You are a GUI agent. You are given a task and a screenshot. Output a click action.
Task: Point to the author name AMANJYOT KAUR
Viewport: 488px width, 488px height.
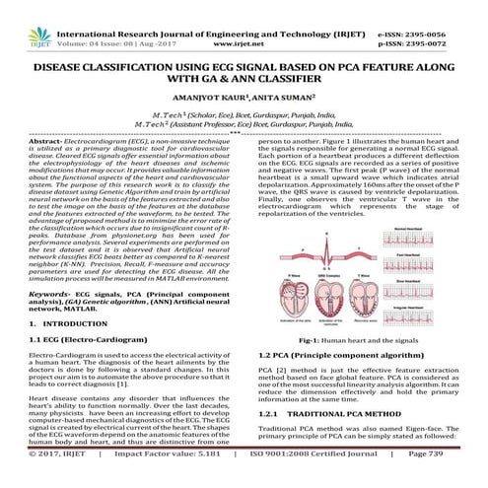pos(210,101)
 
